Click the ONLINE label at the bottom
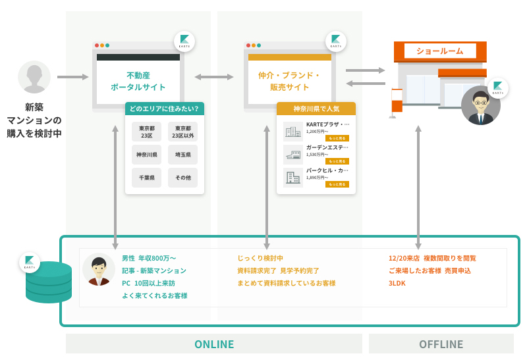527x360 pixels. tap(214, 344)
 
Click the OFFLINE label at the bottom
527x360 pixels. tap(441, 344)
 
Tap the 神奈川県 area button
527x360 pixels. tap(146, 155)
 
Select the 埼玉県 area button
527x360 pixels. tap(182, 155)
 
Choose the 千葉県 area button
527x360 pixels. tap(146, 178)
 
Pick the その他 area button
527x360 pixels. tap(182, 178)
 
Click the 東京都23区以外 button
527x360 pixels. tap(182, 132)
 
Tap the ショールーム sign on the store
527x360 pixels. tap(440, 51)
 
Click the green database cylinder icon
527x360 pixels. tap(49, 282)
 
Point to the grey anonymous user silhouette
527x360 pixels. tap(34, 78)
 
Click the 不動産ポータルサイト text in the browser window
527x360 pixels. tap(138, 81)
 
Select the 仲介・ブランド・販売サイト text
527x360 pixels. tap(289, 81)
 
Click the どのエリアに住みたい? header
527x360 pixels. tap(164, 109)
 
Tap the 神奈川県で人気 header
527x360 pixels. tap(316, 109)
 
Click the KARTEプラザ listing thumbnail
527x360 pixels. tap(292, 132)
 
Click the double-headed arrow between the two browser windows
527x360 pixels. tap(214, 77)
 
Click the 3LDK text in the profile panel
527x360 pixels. tap(398, 283)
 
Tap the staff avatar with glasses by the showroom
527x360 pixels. tap(480, 106)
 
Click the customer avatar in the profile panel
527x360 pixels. tap(99, 269)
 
